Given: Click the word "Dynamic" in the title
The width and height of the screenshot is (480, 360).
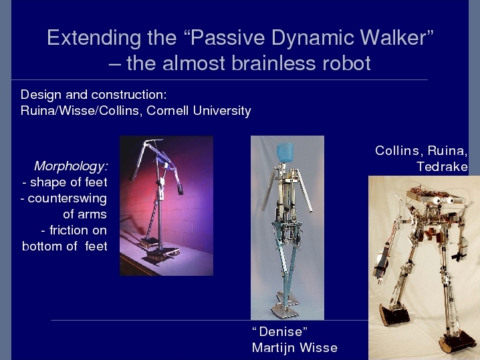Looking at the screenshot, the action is click(x=313, y=38).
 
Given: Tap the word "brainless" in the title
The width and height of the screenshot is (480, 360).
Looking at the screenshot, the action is click(x=273, y=63).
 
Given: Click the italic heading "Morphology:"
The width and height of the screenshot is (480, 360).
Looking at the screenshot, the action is click(x=71, y=166).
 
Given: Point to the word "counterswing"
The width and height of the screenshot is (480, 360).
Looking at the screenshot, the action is click(x=67, y=198).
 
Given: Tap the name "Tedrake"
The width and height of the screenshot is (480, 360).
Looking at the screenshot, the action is click(x=442, y=167).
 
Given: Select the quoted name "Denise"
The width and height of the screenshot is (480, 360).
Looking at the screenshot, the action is click(x=280, y=331).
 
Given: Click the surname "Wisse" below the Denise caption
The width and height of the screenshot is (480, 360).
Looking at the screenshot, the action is click(x=318, y=348).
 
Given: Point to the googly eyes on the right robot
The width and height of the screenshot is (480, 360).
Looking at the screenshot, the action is click(x=443, y=200).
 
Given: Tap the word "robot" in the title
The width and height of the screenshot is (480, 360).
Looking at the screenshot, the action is click(x=346, y=63).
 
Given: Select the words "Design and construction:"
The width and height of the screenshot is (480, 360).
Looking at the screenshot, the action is click(x=94, y=95).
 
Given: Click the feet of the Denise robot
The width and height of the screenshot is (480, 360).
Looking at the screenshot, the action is click(x=284, y=306).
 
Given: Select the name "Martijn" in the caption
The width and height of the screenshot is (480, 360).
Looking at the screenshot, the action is click(x=273, y=349).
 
